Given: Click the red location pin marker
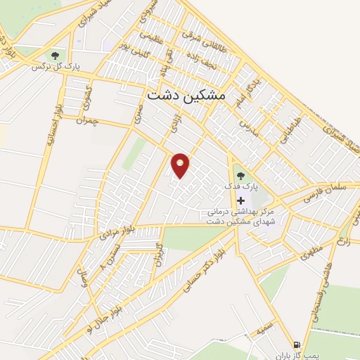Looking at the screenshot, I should (181, 165).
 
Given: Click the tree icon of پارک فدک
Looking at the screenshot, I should (240, 174).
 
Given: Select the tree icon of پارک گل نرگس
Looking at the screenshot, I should (55, 55).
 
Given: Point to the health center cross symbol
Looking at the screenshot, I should (240, 200).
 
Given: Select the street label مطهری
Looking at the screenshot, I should (309, 251).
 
